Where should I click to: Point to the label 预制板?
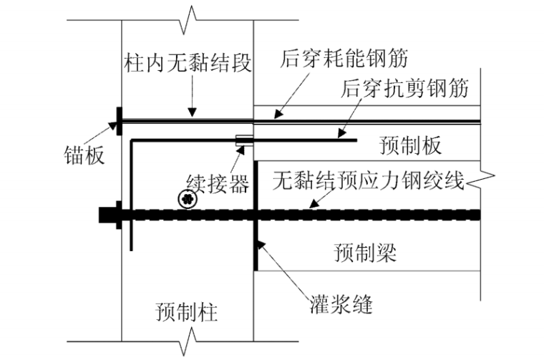point(409,146)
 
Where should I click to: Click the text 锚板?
point(84,155)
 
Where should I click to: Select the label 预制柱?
point(187,312)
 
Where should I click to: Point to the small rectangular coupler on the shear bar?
point(243,142)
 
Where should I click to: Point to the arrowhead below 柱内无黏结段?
point(191,113)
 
